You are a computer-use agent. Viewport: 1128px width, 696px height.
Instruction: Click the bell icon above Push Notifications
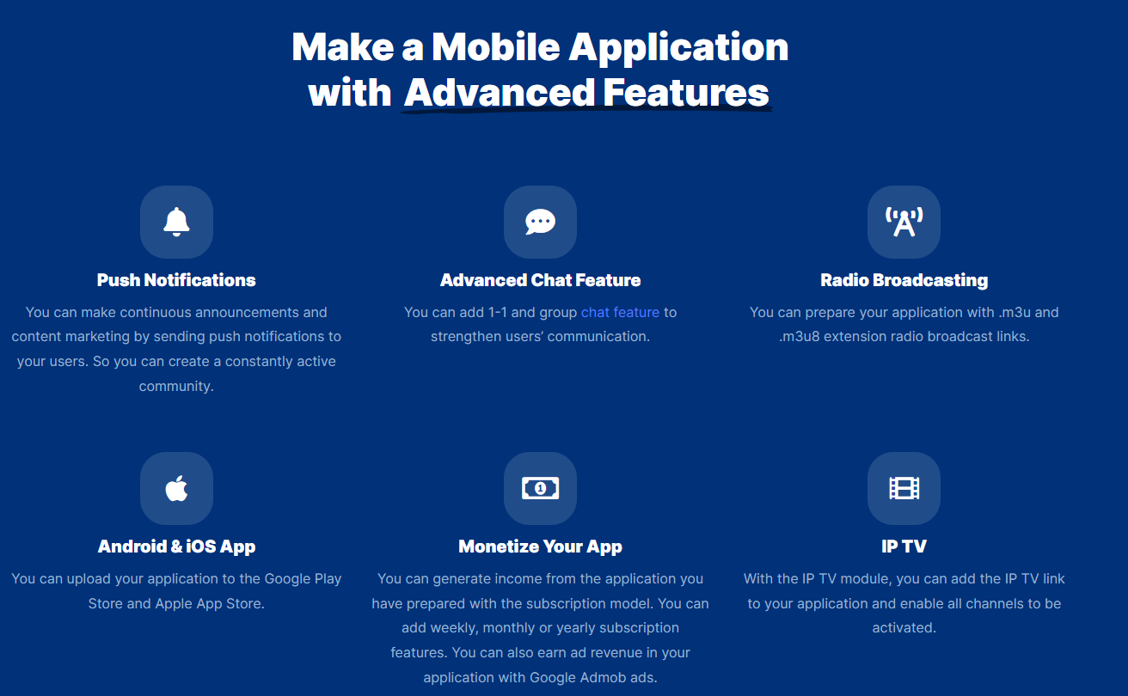click(x=176, y=222)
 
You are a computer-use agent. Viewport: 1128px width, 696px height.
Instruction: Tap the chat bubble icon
click(x=540, y=222)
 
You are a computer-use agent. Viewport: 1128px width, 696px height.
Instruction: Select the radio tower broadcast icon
click(x=904, y=222)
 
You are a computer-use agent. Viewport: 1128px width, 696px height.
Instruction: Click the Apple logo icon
click(x=176, y=488)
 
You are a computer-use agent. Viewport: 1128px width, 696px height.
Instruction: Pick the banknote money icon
click(x=540, y=488)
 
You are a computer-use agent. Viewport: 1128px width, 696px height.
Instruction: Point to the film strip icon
click(x=904, y=488)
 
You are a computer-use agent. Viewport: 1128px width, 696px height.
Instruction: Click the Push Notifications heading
click(x=176, y=280)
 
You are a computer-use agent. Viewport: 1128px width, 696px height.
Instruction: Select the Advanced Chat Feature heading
click(x=540, y=280)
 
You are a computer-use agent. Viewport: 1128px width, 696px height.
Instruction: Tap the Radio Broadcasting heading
click(x=904, y=280)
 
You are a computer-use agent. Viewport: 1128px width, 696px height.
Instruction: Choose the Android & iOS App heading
click(x=176, y=546)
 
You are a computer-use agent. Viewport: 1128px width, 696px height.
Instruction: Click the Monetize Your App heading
click(x=540, y=546)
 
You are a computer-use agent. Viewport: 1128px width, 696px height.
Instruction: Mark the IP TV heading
click(x=904, y=546)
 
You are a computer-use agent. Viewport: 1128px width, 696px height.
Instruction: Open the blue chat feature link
click(x=620, y=313)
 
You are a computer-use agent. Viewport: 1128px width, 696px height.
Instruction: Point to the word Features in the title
click(x=685, y=93)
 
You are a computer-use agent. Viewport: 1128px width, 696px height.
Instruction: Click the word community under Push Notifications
click(x=176, y=387)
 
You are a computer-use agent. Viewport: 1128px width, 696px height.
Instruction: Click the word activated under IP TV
click(x=904, y=628)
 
